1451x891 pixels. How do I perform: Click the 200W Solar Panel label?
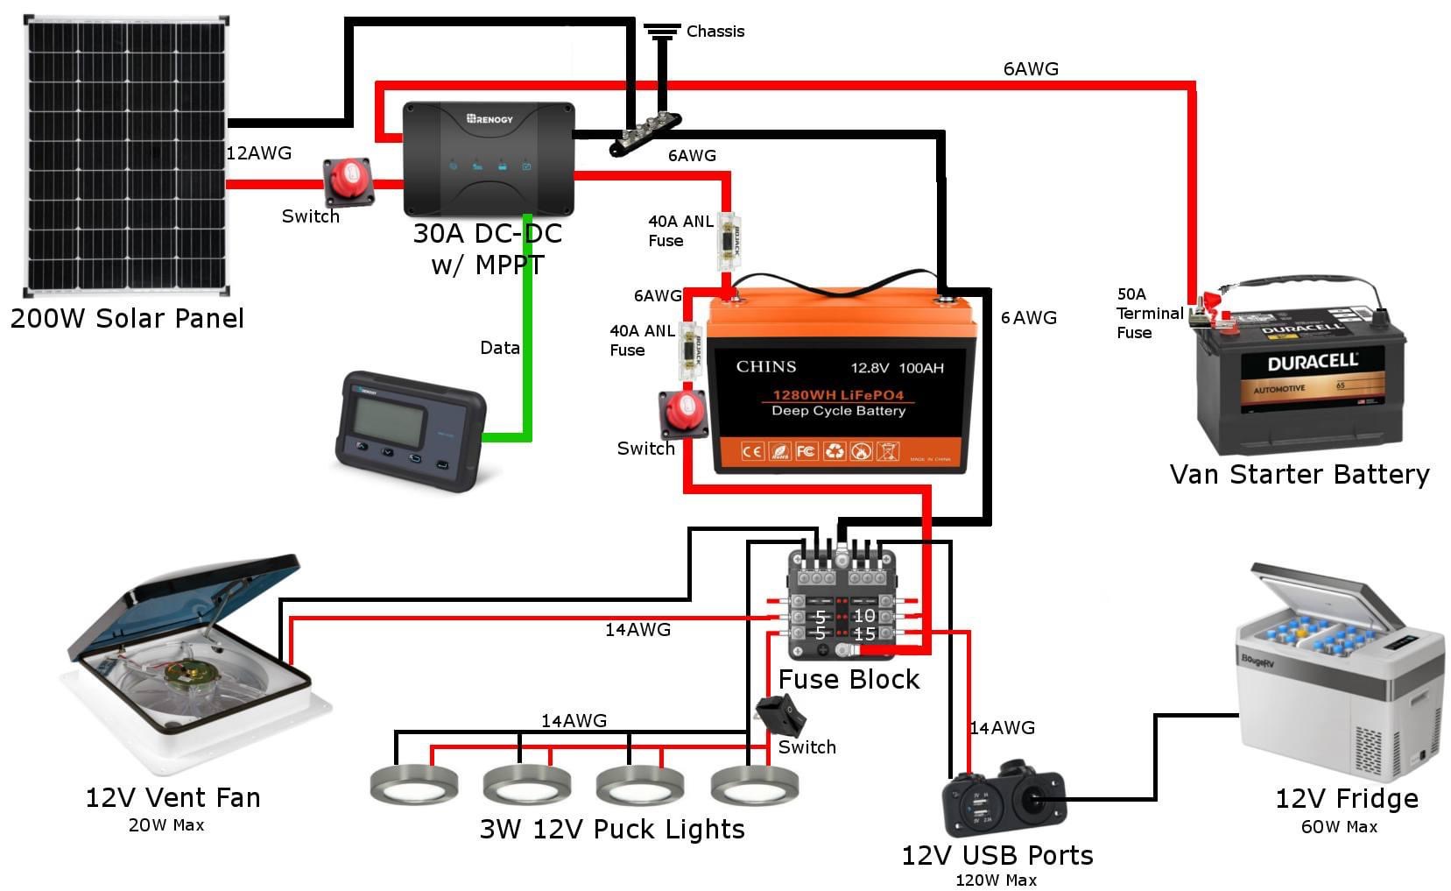[x=127, y=318]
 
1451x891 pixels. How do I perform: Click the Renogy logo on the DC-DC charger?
[x=490, y=118]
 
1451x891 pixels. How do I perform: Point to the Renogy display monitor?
[x=409, y=429]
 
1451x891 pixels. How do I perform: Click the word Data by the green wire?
[x=499, y=348]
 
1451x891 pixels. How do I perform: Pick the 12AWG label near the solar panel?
[x=258, y=153]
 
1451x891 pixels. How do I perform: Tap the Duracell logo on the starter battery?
[x=1312, y=362]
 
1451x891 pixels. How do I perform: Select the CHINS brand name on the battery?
[x=765, y=367]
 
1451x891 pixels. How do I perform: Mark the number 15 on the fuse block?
[x=864, y=633]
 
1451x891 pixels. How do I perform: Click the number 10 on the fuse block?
[x=864, y=615]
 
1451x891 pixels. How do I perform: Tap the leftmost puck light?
[x=413, y=783]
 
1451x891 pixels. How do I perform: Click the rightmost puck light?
[x=754, y=784]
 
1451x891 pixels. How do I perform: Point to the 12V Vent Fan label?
[x=173, y=798]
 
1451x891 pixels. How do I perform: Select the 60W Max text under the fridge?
[x=1339, y=827]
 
